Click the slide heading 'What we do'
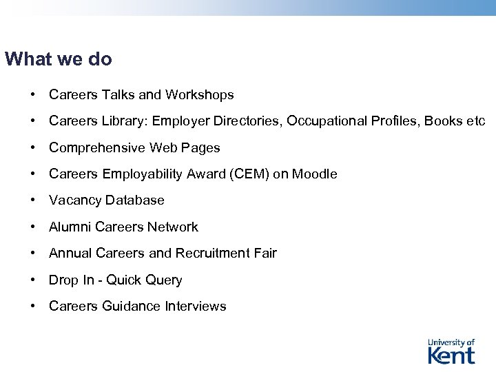point(58,60)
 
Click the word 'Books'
point(443,121)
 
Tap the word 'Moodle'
point(315,174)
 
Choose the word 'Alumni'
point(70,227)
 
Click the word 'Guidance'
point(132,307)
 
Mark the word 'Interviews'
point(196,307)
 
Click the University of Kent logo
point(451,351)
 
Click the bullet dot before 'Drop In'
point(33,280)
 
